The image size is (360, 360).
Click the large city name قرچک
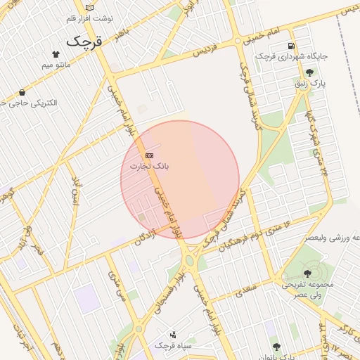84,41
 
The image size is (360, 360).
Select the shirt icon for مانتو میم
56,53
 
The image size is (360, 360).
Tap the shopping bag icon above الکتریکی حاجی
23,92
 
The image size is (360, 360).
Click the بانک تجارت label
150,166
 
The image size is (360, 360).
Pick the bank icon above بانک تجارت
148,155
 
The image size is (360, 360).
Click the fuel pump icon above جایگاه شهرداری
291,46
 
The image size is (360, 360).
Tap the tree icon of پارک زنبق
309,72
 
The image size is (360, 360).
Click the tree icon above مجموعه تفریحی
307,274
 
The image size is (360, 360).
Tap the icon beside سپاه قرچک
173,335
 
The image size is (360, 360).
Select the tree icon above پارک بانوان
276,346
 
